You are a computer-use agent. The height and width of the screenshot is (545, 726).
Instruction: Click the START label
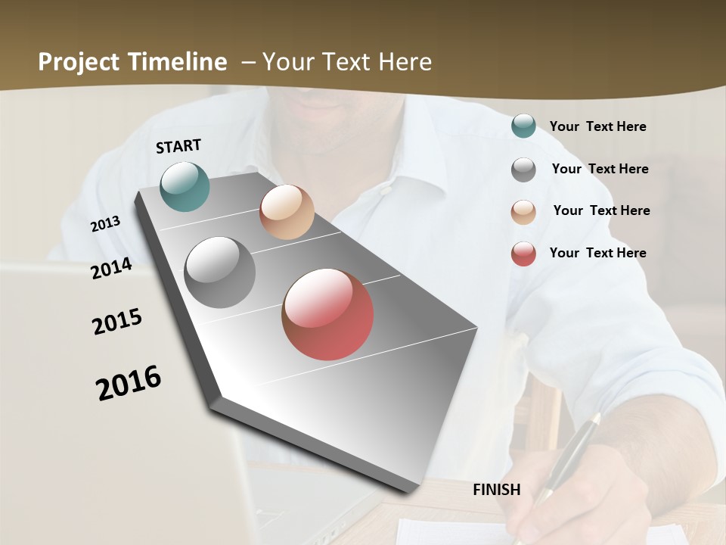point(178,146)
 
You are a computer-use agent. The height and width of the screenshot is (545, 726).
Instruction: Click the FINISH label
point(496,490)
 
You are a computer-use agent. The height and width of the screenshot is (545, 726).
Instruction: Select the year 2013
point(105,224)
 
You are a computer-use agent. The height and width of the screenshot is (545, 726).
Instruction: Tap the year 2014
point(111,268)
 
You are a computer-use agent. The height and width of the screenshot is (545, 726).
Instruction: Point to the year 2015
point(117,322)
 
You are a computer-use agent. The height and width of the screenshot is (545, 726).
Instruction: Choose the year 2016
point(129,382)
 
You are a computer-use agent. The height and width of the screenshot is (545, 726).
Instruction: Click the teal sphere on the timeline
point(185,186)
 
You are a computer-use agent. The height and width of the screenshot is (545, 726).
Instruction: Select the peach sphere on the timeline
point(287,212)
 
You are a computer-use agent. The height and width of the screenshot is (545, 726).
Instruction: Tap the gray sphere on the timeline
point(220,272)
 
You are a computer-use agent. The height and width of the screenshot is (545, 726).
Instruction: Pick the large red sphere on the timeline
point(327,314)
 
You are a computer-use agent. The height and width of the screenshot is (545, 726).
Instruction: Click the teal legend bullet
point(523,126)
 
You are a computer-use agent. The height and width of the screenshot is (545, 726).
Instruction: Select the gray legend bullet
point(523,170)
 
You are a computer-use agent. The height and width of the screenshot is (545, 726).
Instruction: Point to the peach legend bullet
point(523,211)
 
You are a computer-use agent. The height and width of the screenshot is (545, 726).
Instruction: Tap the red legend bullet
point(523,254)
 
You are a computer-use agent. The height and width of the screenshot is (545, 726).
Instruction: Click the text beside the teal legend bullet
point(597,127)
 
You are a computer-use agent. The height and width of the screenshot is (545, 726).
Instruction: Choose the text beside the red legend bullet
point(597,253)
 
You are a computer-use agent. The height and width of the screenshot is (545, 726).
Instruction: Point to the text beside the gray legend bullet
point(600,169)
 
